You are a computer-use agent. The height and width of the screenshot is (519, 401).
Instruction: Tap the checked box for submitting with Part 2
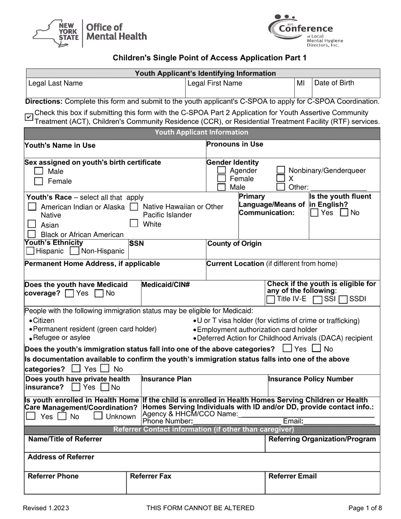pyautogui.click(x=29, y=117)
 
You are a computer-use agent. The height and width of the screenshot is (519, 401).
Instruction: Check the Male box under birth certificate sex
pyautogui.click(x=39, y=171)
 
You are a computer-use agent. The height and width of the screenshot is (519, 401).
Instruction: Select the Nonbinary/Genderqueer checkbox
pyautogui.click(x=281, y=170)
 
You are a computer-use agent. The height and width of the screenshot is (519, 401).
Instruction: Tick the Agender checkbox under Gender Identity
pyautogui.click(x=221, y=170)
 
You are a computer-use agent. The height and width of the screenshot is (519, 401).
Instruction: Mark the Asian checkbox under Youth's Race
pyautogui.click(x=32, y=224)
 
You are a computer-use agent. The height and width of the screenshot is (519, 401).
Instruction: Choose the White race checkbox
pyautogui.click(x=134, y=224)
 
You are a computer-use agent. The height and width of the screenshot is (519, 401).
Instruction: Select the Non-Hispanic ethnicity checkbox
pyautogui.click(x=74, y=251)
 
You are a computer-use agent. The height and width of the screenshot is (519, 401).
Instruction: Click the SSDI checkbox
pyautogui.click(x=343, y=299)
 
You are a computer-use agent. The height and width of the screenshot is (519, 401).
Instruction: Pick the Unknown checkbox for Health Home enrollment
pyautogui.click(x=98, y=416)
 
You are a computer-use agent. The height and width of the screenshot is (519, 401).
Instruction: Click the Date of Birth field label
pyautogui.click(x=334, y=83)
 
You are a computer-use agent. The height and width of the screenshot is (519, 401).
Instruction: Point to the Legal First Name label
pyautogui.click(x=215, y=83)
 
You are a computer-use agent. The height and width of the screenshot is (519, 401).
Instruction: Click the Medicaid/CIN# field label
pyautogui.click(x=166, y=285)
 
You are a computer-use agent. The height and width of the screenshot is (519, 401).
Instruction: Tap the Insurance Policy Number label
pyautogui.click(x=311, y=379)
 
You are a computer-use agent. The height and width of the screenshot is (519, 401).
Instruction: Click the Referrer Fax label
pyautogui.click(x=151, y=476)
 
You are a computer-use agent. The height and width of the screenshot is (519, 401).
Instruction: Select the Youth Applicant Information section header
pyautogui.click(x=201, y=132)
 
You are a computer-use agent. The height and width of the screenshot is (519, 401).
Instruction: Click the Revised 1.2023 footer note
pyautogui.click(x=46, y=508)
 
